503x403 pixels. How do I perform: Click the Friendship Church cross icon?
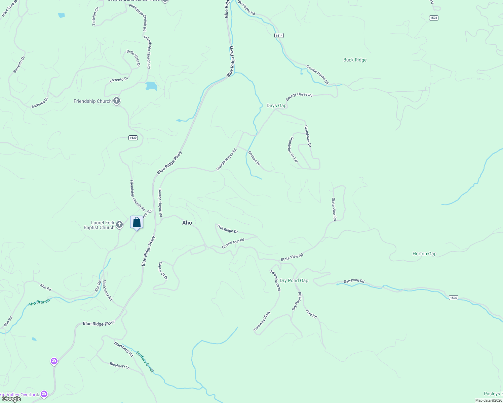click(117, 101)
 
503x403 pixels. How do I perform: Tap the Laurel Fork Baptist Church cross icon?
click(119, 225)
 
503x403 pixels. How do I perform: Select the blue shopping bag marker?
click(137, 222)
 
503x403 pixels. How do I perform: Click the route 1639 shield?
click(133, 138)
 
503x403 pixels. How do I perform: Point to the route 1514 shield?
click(279, 35)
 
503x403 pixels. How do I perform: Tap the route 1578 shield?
click(434, 18)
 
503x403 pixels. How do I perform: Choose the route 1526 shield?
click(454, 298)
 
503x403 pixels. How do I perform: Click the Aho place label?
click(187, 223)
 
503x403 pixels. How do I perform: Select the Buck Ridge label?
click(355, 60)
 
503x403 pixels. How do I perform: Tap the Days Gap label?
click(276, 105)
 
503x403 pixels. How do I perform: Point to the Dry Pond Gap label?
click(294, 280)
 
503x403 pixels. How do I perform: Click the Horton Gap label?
click(424, 254)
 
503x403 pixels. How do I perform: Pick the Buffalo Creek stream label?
click(145, 362)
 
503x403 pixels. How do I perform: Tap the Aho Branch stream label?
click(39, 302)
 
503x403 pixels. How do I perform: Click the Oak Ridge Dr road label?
click(228, 229)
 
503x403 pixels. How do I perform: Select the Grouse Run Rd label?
click(233, 244)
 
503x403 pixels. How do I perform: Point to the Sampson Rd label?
click(354, 281)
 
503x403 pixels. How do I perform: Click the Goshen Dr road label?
click(254, 158)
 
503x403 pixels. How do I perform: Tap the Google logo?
click(11, 399)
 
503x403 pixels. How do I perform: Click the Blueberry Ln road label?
click(119, 365)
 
